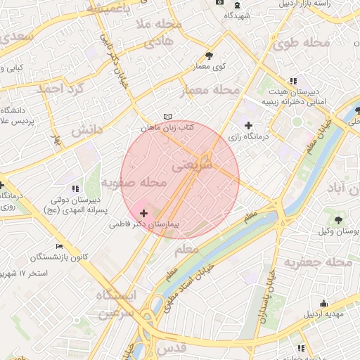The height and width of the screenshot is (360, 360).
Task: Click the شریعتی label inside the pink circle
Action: click(x=191, y=166)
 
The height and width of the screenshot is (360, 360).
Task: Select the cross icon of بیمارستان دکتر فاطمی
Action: click(x=144, y=212)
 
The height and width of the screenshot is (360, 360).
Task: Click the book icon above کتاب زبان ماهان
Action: click(x=167, y=117)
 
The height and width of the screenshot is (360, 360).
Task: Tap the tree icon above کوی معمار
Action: click(x=209, y=56)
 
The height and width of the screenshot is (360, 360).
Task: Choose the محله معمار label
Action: click(x=210, y=91)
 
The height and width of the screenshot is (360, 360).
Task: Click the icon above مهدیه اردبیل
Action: click(x=323, y=304)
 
